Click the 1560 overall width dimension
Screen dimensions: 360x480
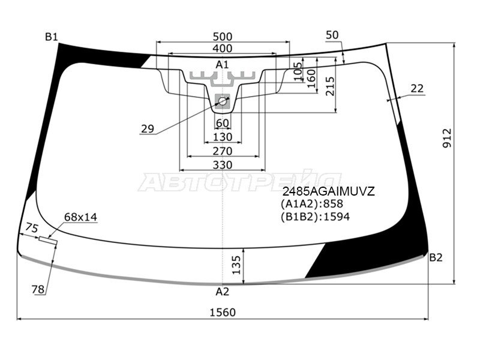(x=223, y=312)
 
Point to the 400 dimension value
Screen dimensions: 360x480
(x=223, y=49)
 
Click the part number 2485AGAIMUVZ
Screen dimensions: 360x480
(x=329, y=192)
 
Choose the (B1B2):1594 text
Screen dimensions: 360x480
(x=315, y=217)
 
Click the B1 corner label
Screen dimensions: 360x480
(x=52, y=37)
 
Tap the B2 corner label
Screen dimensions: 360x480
(x=436, y=257)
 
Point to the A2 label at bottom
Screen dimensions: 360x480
(x=223, y=292)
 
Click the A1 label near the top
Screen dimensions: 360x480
(x=223, y=64)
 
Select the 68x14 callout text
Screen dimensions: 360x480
(x=80, y=217)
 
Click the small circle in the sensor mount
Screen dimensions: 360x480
(x=223, y=101)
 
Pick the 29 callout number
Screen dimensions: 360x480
(x=148, y=128)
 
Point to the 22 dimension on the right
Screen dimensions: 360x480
(x=417, y=88)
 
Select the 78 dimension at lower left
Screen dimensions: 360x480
(x=38, y=290)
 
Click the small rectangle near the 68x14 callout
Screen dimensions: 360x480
(x=49, y=241)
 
